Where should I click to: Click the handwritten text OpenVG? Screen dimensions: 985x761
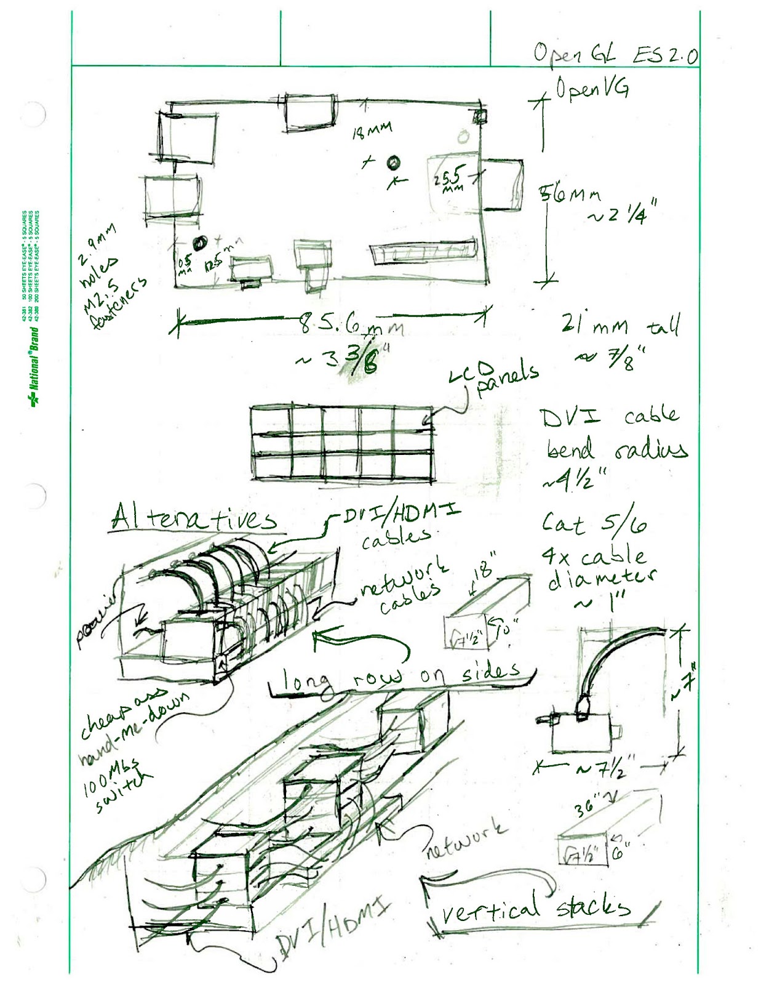click(x=592, y=90)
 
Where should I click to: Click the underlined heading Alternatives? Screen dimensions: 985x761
click(x=194, y=519)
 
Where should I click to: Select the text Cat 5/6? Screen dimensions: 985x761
click(x=594, y=524)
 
